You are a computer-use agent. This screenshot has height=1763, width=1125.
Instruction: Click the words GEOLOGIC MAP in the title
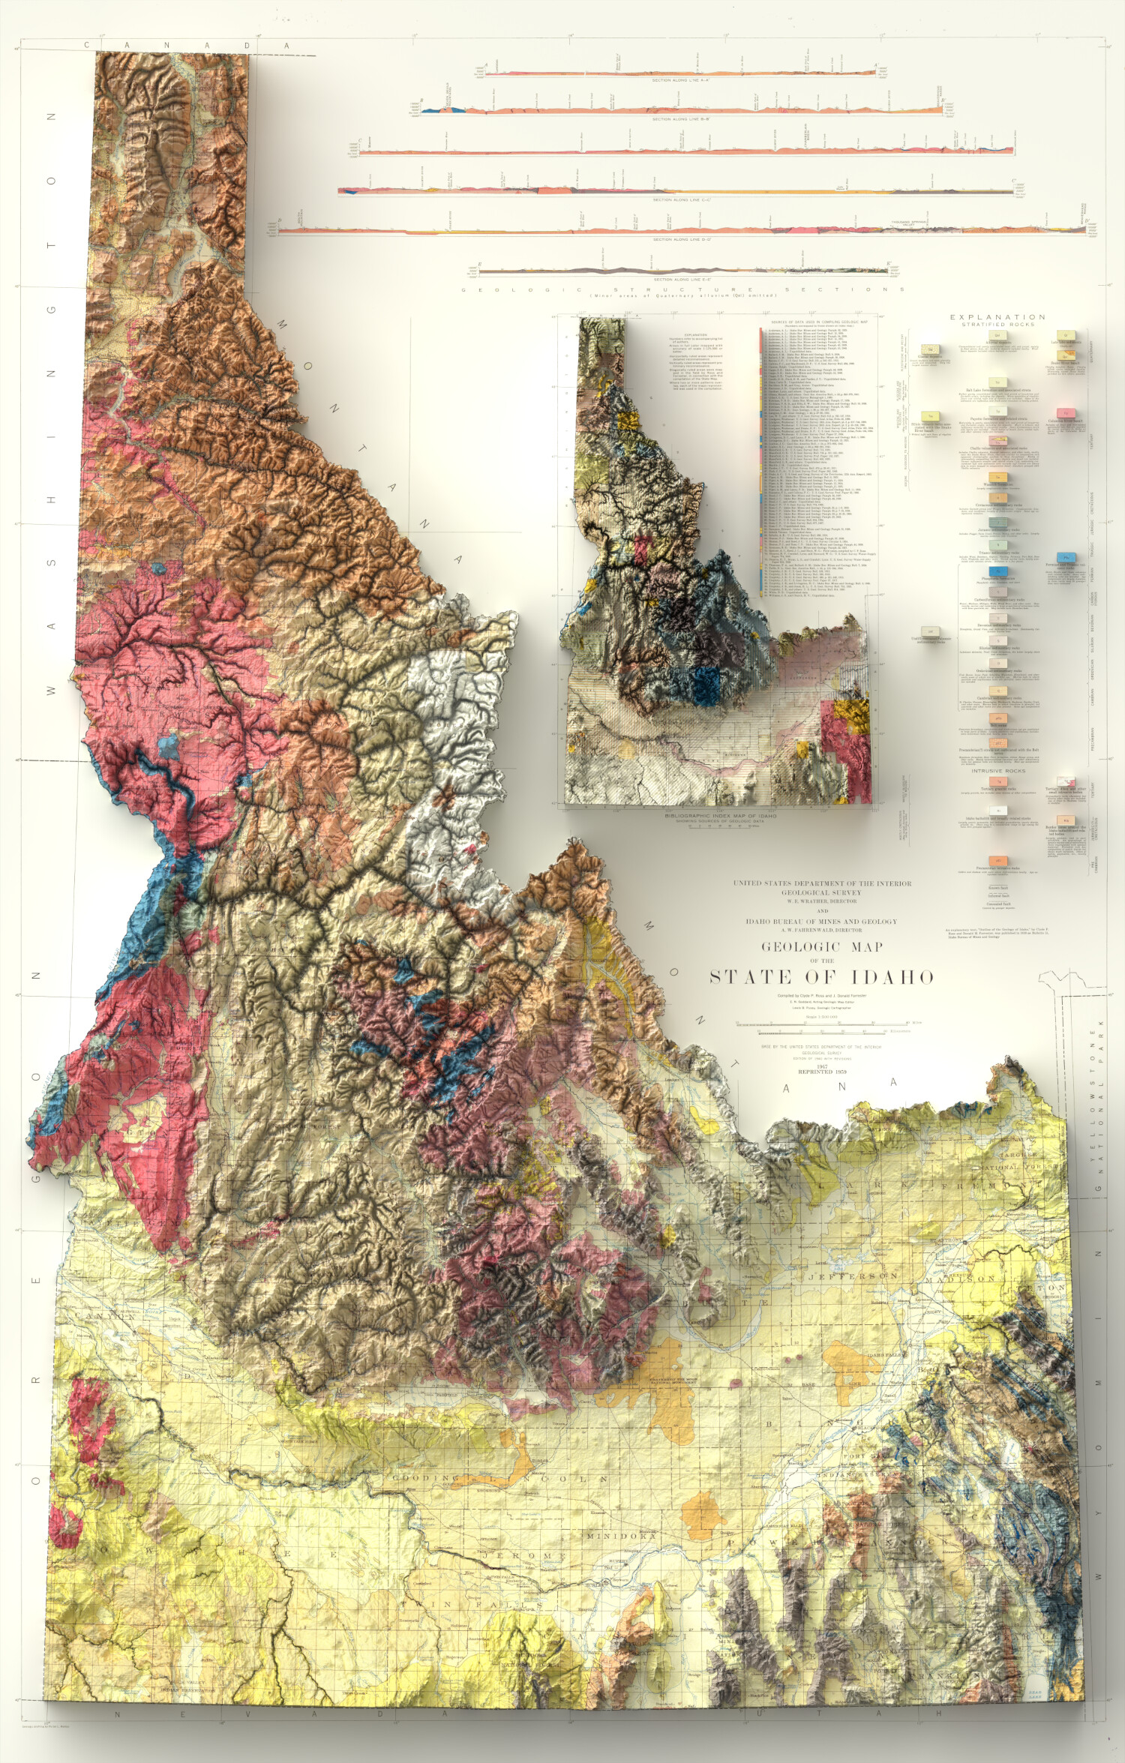click(822, 947)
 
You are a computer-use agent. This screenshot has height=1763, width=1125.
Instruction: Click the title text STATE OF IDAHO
click(822, 977)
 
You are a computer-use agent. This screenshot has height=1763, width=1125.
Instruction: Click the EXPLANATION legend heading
click(997, 317)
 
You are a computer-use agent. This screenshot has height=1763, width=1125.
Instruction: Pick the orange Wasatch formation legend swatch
click(997, 477)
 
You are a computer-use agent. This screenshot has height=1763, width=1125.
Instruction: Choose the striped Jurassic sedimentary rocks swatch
click(997, 522)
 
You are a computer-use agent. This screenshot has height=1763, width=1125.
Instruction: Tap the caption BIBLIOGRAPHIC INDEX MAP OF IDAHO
click(720, 816)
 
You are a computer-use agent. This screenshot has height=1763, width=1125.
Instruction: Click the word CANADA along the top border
click(187, 45)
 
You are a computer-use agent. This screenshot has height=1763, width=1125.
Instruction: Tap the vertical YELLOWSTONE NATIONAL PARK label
click(1099, 1102)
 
